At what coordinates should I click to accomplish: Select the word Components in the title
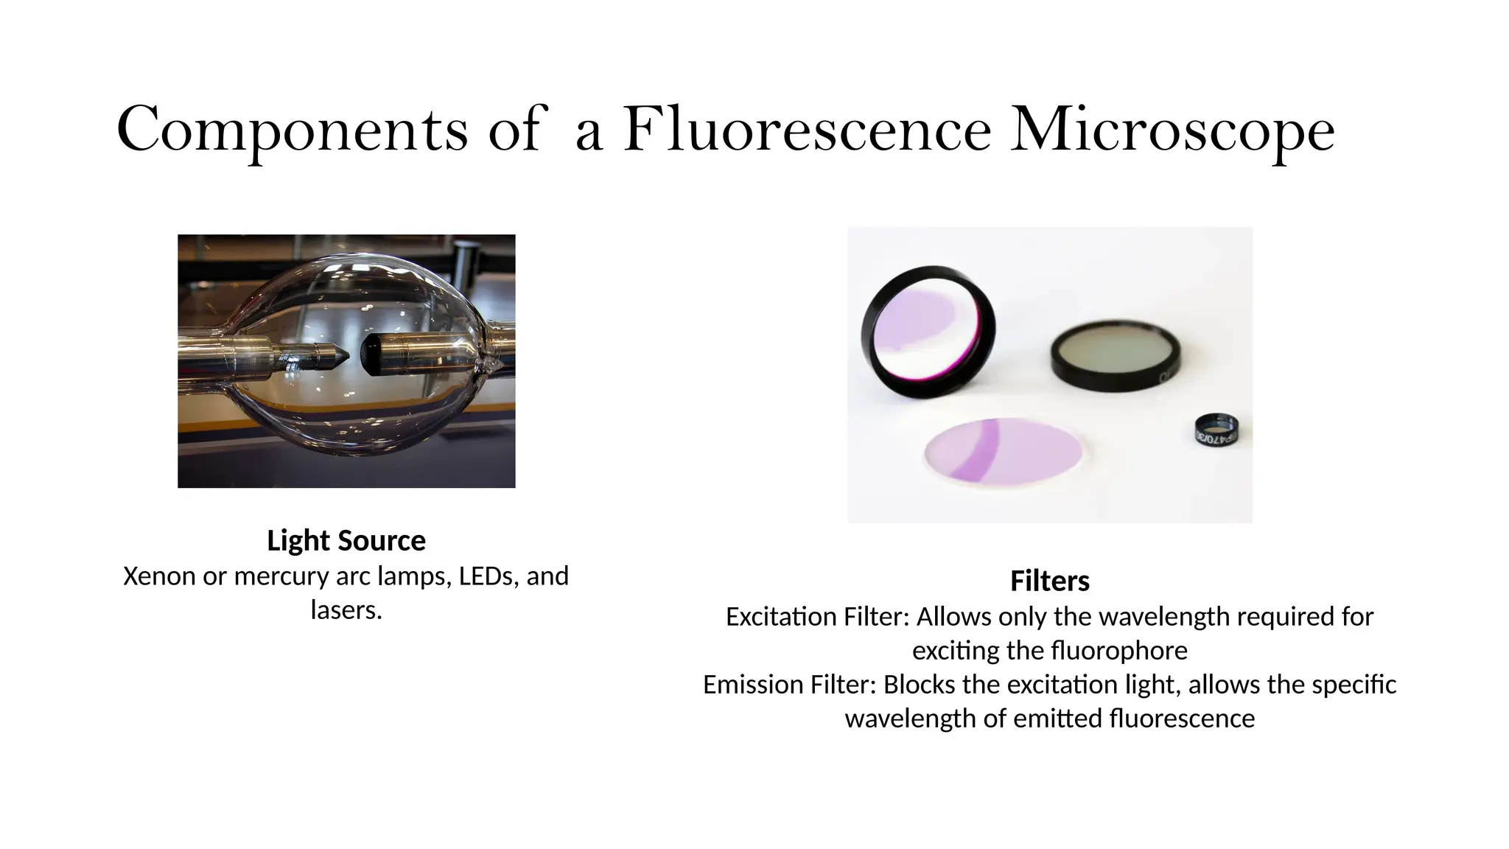[292, 130]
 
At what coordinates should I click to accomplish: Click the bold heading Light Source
[346, 541]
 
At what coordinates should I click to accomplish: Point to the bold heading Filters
[1049, 581]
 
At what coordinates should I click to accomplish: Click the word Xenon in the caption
[159, 576]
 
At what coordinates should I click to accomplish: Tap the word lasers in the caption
[346, 610]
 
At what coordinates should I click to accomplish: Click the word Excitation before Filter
[781, 617]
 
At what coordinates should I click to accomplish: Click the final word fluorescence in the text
[1181, 719]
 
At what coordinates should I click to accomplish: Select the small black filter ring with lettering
[1216, 430]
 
